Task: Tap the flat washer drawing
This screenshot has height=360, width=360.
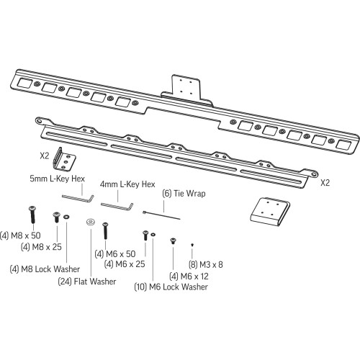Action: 91,222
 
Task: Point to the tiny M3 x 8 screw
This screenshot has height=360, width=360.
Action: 192,246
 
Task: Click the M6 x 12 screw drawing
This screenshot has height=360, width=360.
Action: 172,242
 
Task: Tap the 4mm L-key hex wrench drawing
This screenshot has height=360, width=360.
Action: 116,205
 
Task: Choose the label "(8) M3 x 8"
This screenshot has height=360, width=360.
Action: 205,264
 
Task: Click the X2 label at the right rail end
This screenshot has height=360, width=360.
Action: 326,182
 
